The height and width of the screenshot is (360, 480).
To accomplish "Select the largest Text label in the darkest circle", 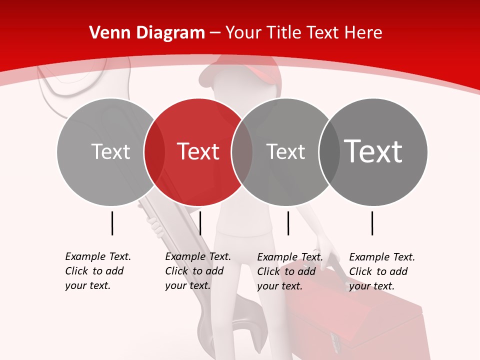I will tap(373, 151).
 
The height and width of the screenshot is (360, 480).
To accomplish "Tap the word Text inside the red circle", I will tap(198, 151).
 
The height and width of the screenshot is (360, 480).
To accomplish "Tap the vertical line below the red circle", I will tap(200, 223).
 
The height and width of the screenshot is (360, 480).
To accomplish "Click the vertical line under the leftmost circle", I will tap(112, 223).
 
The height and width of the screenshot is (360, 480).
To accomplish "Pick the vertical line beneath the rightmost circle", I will tap(372, 223).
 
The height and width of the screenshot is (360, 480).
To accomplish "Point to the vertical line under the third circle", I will tap(288, 223).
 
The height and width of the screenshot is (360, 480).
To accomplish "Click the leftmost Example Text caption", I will tap(97, 271).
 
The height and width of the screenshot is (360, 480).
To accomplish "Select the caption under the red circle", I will tap(197, 271).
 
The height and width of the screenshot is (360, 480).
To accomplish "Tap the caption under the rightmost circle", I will tap(381, 271).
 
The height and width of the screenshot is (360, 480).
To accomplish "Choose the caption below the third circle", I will tap(289, 271).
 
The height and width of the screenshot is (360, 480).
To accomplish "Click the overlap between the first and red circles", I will tap(154, 151).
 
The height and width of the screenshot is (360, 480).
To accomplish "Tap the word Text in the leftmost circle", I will tap(110, 151).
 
